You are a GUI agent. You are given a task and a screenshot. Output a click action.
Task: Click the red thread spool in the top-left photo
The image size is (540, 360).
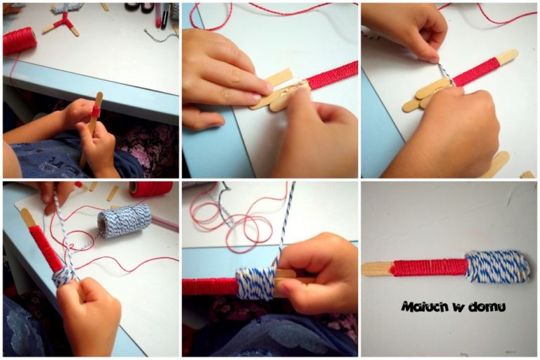19,41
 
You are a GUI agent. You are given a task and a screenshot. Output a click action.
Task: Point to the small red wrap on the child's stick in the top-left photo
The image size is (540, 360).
95,111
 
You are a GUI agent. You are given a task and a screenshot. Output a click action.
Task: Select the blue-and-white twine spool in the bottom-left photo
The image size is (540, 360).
124,220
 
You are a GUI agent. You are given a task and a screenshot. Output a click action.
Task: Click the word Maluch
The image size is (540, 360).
425,306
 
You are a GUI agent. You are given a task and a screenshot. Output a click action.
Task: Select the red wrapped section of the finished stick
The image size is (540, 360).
430,268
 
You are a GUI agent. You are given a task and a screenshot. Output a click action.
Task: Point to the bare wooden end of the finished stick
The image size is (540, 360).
376,269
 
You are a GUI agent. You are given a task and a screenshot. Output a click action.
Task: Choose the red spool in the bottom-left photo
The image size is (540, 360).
151,188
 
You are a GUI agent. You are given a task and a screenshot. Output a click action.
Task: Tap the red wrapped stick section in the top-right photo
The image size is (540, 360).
475,72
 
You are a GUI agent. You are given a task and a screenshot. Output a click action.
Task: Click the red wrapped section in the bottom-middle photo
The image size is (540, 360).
210,287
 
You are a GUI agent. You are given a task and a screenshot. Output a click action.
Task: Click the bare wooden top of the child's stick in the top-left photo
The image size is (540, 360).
98,99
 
